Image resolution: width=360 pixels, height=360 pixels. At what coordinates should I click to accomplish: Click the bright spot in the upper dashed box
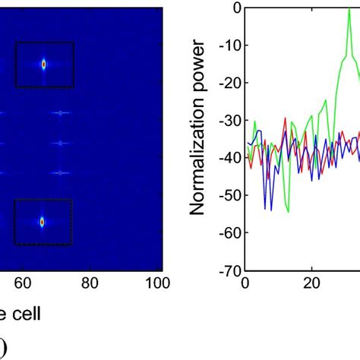click(x=43, y=65)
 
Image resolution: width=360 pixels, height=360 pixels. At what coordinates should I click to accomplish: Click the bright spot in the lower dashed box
click(x=43, y=222)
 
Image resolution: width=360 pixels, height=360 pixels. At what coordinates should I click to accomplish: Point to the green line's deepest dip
click(x=288, y=212)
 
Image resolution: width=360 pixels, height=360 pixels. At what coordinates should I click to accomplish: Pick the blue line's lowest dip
click(x=265, y=208)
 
